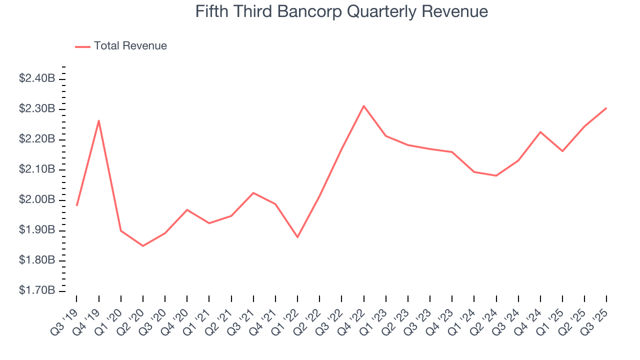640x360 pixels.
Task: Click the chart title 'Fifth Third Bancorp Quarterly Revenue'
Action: [x=341, y=11]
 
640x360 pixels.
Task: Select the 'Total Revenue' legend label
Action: [x=130, y=46]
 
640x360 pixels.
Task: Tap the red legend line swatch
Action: [x=82, y=46]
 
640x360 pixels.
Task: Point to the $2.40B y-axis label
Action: [x=37, y=78]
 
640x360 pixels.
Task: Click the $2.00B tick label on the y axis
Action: [x=37, y=200]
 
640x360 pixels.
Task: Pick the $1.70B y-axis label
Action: [x=37, y=291]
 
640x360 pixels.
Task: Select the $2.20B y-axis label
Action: [x=37, y=139]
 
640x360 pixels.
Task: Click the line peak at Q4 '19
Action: [x=99, y=120]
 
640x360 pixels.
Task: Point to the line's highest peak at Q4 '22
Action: [x=363, y=105]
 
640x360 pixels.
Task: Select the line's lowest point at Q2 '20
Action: [x=143, y=245]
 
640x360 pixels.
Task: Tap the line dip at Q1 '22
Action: [x=297, y=237]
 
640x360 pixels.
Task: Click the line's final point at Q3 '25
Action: [x=606, y=108]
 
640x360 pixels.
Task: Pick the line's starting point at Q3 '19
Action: [x=77, y=205]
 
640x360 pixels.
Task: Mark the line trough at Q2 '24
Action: [x=496, y=175]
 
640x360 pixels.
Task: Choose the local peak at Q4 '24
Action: [x=540, y=132]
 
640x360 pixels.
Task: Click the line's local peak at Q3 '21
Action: [x=253, y=192]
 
